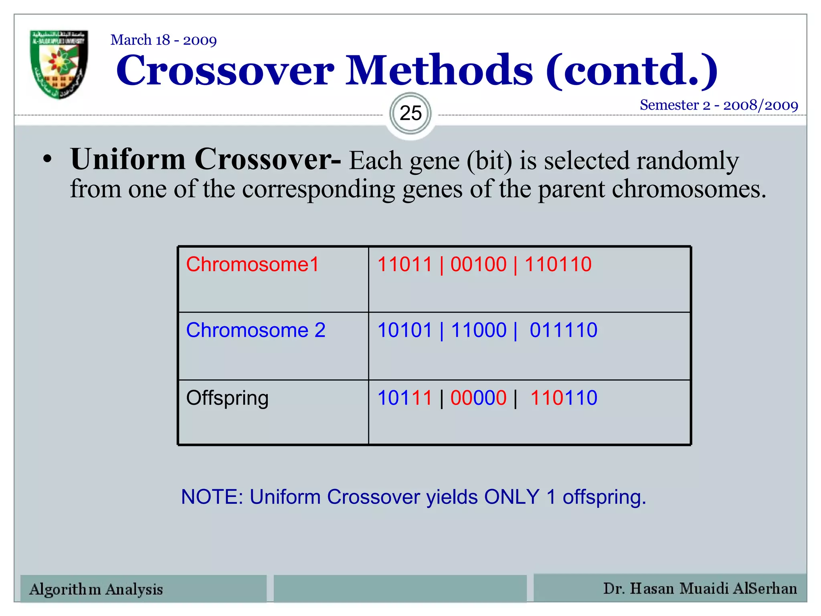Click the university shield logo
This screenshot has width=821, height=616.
pos(59,64)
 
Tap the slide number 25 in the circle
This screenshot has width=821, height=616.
pos(410,113)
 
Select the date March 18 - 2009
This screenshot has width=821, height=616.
pos(164,40)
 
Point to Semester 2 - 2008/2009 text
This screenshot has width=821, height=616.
pos(719,105)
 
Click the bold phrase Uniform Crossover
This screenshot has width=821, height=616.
pos(205,160)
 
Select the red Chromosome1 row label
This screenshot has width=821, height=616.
pos(253,265)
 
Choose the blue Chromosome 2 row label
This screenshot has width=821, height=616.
pos(256,330)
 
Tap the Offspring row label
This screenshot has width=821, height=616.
pos(227,398)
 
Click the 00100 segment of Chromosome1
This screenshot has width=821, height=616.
pos(478,265)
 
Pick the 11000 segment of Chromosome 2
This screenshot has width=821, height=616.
pos(479,330)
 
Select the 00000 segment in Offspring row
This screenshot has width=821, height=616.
pos(478,398)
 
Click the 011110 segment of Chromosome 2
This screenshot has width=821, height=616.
pos(563,330)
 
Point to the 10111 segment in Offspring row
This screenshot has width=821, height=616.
pos(405,398)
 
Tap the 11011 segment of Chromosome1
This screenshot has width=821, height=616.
pos(405,265)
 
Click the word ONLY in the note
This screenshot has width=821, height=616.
pos(512,497)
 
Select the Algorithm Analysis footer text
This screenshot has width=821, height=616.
pos(96,589)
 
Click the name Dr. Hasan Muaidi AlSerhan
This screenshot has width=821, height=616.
pos(700,588)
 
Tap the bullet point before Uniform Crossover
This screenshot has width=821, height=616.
pos(48,159)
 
